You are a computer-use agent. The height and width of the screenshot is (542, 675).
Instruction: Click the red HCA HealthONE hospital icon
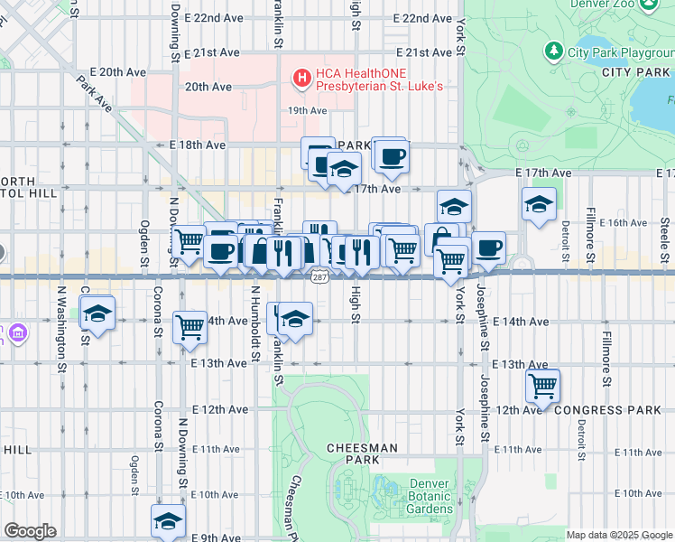302,79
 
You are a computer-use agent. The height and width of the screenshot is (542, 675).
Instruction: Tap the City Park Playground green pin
553,50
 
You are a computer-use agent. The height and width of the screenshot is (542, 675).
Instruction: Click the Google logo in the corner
30,531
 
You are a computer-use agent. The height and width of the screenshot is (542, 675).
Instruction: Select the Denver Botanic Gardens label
428,496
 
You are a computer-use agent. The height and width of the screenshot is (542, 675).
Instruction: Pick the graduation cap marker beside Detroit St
539,204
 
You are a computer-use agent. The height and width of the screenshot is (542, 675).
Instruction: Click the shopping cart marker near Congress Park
542,385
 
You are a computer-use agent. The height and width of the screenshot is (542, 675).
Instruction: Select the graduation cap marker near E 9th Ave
168,520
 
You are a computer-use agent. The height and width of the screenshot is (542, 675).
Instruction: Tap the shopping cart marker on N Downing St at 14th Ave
190,326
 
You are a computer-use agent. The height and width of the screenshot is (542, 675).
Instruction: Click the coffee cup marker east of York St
488,248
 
